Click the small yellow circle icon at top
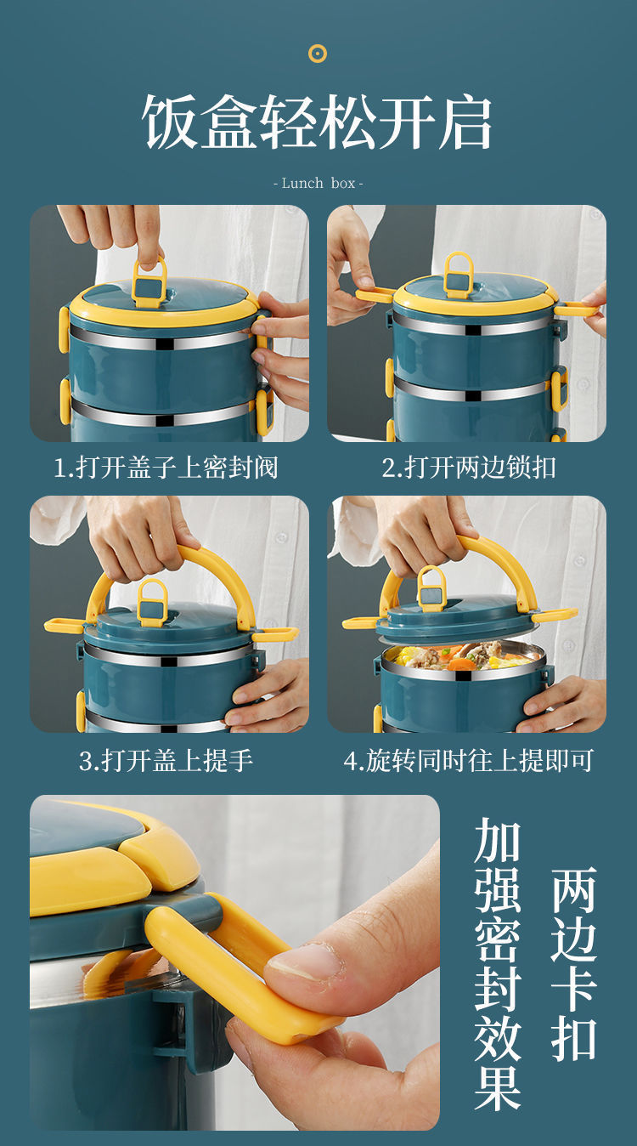tap(318, 54)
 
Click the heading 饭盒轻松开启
tap(317, 122)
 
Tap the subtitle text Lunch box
tap(318, 183)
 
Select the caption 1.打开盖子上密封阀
tap(166, 467)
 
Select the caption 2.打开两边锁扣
tap(468, 467)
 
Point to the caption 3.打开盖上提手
tap(166, 760)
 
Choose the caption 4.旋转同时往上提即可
tap(468, 760)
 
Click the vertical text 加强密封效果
tap(497, 961)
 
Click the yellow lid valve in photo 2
tap(458, 275)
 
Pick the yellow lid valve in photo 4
tap(431, 588)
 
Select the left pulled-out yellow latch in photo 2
tap(375, 294)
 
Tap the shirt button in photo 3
tap(280, 537)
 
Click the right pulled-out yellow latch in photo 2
tap(576, 309)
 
